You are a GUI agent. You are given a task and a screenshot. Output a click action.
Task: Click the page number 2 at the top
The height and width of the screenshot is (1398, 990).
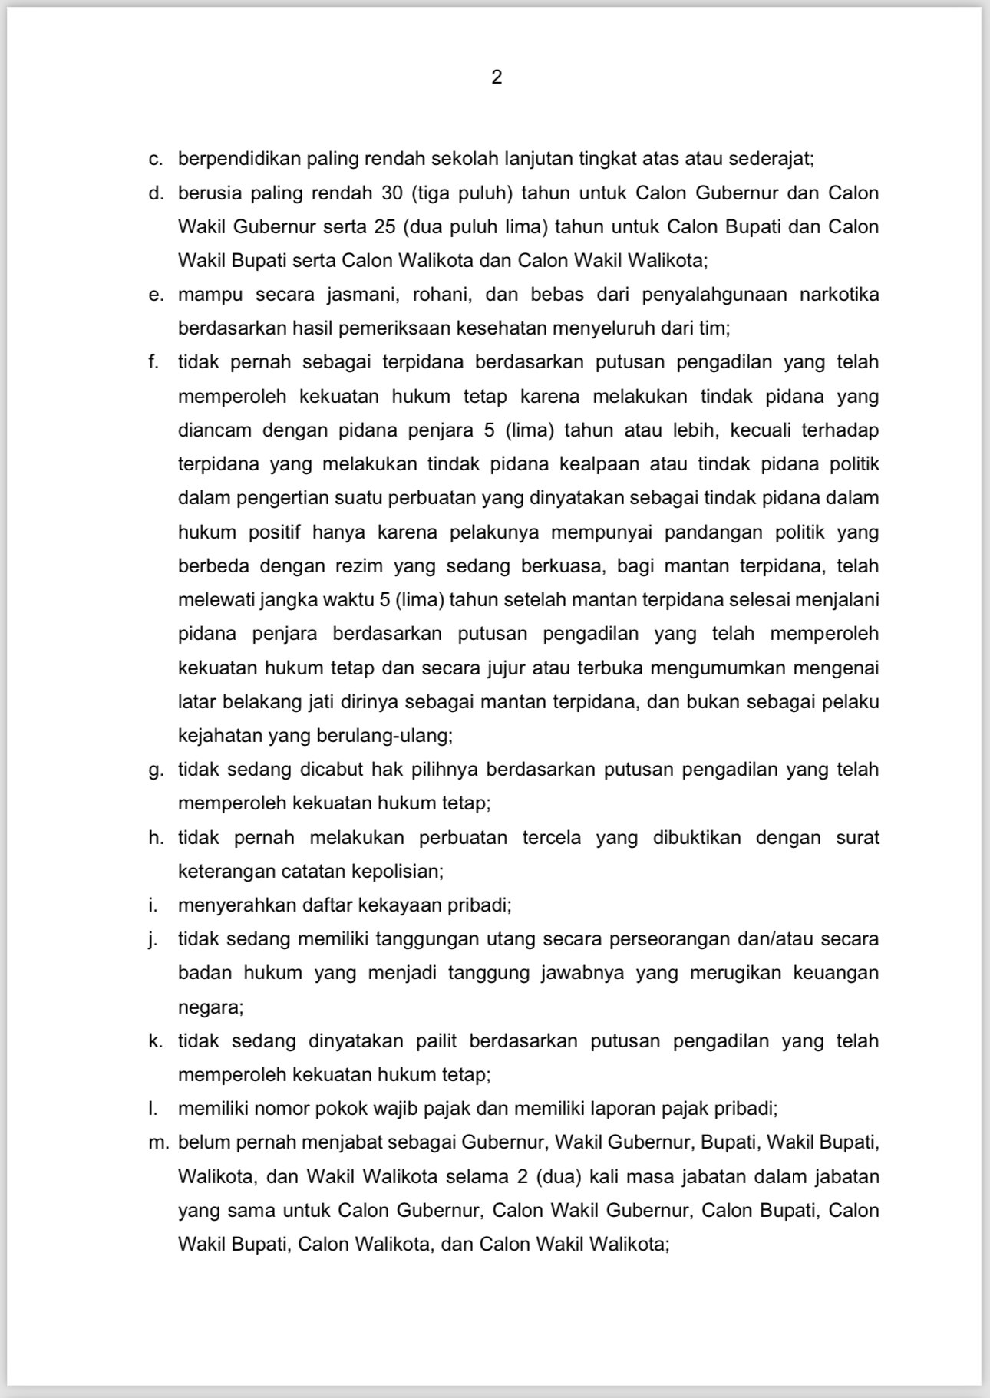pos(497,77)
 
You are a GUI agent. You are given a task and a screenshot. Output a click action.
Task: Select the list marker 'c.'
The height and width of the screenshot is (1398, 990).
pos(156,160)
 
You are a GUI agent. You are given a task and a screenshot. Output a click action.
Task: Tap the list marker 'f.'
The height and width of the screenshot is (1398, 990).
pos(154,362)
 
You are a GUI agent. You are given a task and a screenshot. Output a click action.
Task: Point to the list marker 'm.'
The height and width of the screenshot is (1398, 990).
pos(158,1142)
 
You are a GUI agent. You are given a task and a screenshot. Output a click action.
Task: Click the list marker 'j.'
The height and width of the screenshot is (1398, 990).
pos(153,939)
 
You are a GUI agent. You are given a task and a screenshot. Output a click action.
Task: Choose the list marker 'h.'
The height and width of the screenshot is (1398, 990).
pos(156,838)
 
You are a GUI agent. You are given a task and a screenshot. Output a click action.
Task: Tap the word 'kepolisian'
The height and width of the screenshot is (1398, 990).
pos(397,872)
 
